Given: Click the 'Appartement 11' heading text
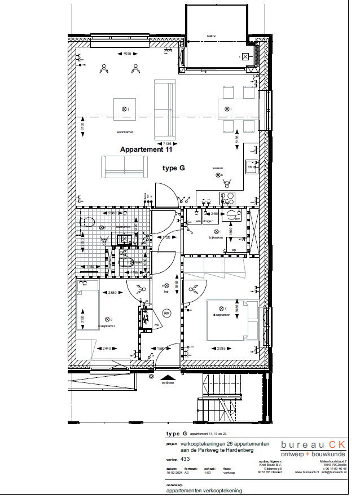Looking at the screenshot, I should [146, 150].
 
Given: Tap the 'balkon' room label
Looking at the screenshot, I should [212, 36].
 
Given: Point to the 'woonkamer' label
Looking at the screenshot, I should [124, 132].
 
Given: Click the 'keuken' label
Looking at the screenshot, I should [218, 168].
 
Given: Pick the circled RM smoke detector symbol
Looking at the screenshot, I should [166, 313].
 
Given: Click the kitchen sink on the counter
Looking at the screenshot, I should [252, 166].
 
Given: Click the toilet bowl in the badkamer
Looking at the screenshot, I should [86, 222].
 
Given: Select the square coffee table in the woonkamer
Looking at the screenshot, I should [125, 109].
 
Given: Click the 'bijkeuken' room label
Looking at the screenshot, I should [217, 237].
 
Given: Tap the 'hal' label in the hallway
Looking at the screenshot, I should [166, 292].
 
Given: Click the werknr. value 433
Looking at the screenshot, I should [185, 460].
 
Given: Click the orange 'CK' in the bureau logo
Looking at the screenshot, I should [337, 445].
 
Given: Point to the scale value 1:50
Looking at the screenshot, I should [207, 473].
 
